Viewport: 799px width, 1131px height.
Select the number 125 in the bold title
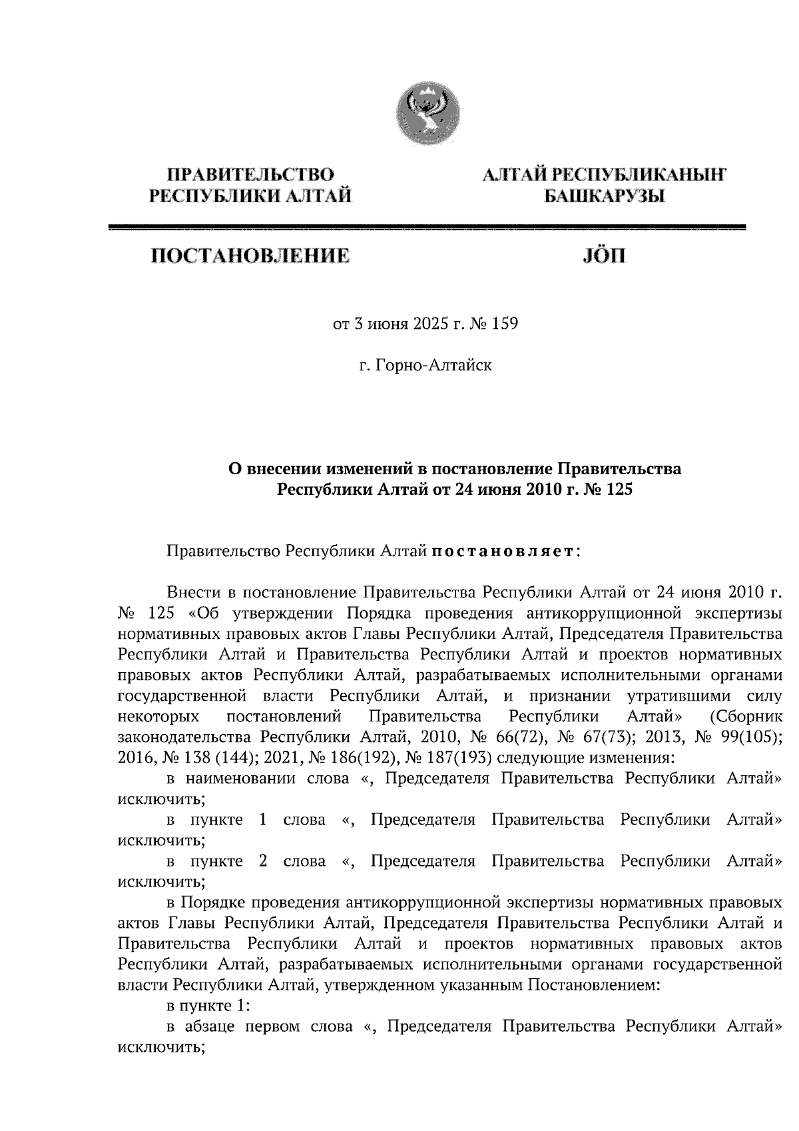point(613,490)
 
